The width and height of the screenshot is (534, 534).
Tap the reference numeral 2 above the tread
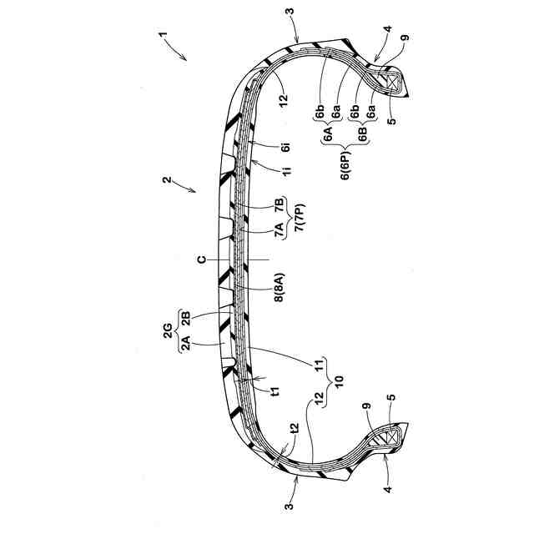pos(166,179)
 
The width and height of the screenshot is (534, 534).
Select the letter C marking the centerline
pos(202,259)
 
